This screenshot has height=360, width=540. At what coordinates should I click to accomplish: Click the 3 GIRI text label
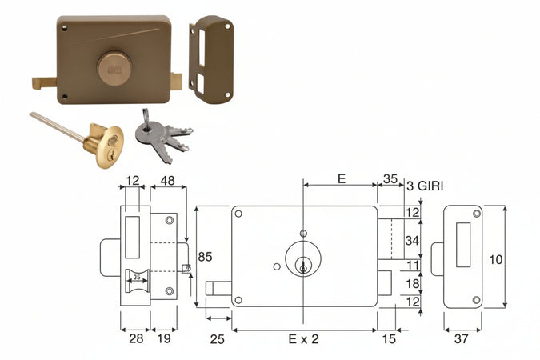(426, 186)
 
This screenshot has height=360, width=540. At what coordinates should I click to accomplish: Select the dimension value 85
(206, 258)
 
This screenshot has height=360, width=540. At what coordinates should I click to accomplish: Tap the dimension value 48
(168, 182)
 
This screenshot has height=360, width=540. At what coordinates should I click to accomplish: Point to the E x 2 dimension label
(303, 339)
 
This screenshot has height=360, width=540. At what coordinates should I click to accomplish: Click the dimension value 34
(412, 239)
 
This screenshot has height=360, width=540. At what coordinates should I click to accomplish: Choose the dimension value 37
(462, 339)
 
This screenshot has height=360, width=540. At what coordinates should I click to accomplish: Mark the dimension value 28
(135, 339)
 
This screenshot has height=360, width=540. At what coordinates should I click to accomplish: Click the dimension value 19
(164, 339)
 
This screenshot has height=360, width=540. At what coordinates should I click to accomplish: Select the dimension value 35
(391, 179)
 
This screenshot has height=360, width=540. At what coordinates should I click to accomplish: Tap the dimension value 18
(412, 284)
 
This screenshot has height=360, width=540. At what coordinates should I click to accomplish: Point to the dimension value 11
(412, 265)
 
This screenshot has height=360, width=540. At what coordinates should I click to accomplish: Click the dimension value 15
(389, 339)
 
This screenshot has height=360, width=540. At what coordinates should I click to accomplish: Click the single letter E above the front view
(341, 179)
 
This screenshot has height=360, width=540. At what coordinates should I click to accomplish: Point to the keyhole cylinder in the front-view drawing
(303, 265)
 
